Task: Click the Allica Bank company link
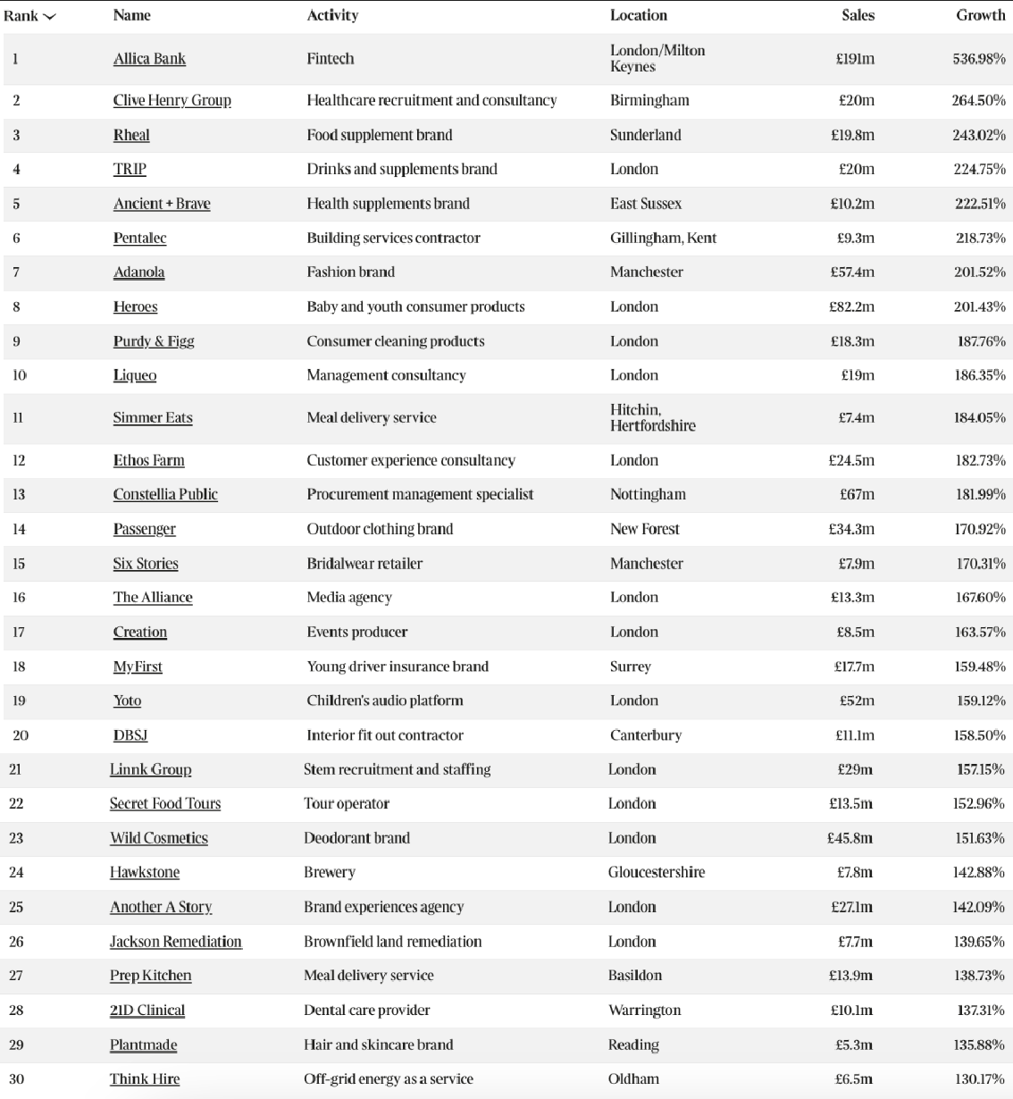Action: coord(149,59)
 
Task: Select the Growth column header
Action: coord(980,15)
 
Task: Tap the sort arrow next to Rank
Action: coord(49,17)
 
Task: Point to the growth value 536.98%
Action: coord(978,59)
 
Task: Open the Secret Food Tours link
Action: coord(165,803)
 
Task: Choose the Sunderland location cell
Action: coord(645,135)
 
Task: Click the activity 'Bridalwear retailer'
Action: coord(364,564)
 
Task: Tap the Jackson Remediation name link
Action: coord(175,942)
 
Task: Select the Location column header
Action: coord(638,15)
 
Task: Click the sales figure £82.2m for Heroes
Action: coord(851,307)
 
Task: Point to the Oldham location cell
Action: coord(633,1079)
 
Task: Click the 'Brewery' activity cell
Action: coord(330,872)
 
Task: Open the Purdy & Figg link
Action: coord(154,341)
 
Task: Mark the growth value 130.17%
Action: coord(979,1079)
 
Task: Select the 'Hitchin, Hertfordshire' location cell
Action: coord(652,417)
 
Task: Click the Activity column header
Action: coord(332,15)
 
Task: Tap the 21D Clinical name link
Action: coord(147,1011)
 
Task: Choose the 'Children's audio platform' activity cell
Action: coord(385,701)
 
